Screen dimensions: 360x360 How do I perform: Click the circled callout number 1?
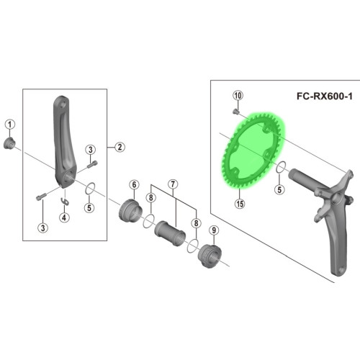coord(10,125)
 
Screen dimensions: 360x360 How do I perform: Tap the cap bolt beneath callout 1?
coord(9,143)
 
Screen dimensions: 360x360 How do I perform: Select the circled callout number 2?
coord(120,147)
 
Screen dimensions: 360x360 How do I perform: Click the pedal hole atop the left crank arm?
coord(63,104)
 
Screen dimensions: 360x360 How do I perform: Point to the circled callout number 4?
coord(64,217)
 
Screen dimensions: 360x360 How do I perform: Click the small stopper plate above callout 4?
coord(66,202)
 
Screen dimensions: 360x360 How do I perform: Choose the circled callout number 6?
coord(134,184)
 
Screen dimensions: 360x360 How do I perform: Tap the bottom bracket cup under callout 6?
coord(130,210)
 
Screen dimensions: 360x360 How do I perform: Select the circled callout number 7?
coord(173,184)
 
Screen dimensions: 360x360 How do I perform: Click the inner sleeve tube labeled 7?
coord(170,233)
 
